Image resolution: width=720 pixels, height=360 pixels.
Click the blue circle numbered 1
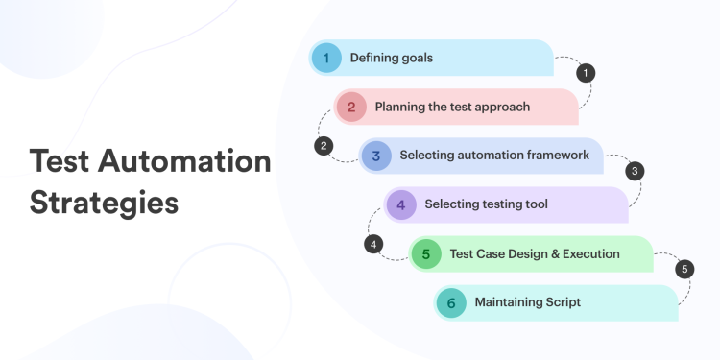pos(326,58)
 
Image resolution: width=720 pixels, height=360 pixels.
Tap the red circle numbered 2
pos(351,107)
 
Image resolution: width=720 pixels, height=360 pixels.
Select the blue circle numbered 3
pos(376,155)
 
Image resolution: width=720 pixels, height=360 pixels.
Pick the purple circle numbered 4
pos(401,204)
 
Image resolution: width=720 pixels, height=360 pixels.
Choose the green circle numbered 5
pos(426,253)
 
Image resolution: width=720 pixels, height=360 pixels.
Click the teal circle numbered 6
pos(451,302)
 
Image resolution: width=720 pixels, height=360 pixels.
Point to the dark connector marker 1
pos(586,72)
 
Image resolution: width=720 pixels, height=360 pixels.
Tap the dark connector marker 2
pos(324,146)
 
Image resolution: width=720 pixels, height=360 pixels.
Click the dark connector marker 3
pos(635,171)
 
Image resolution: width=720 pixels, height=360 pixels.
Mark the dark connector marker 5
pos(684,269)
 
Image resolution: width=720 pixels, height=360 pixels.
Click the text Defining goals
pos(391,58)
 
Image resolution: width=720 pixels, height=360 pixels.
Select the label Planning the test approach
pos(452,107)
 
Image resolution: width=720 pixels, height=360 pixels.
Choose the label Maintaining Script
pos(527,302)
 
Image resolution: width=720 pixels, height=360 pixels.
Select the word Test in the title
pos(60,161)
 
